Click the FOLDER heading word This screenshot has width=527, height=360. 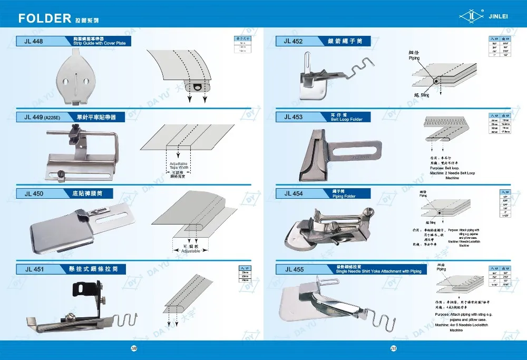click(45, 19)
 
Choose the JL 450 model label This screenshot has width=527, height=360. click(34, 193)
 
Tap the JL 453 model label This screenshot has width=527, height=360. click(293, 117)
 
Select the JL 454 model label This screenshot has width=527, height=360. click(293, 193)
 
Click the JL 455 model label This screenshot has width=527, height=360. click(294, 269)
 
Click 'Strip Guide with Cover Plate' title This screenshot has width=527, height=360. click(99, 43)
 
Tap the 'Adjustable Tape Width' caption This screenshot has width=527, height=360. click(179, 166)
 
